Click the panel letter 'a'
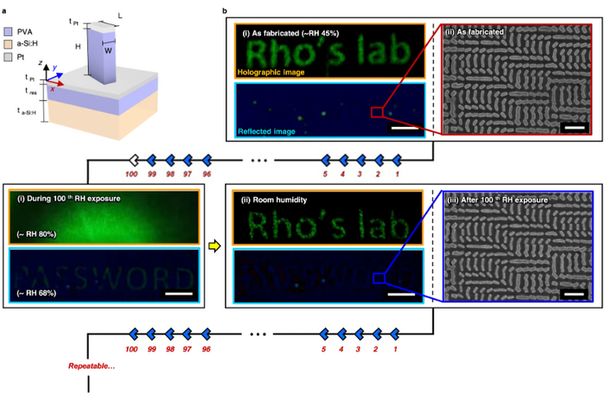pyautogui.click(x=5, y=6)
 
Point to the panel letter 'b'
pyautogui.click(x=226, y=6)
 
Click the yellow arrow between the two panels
pyautogui.click(x=214, y=246)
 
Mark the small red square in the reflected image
pyautogui.click(x=376, y=111)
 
